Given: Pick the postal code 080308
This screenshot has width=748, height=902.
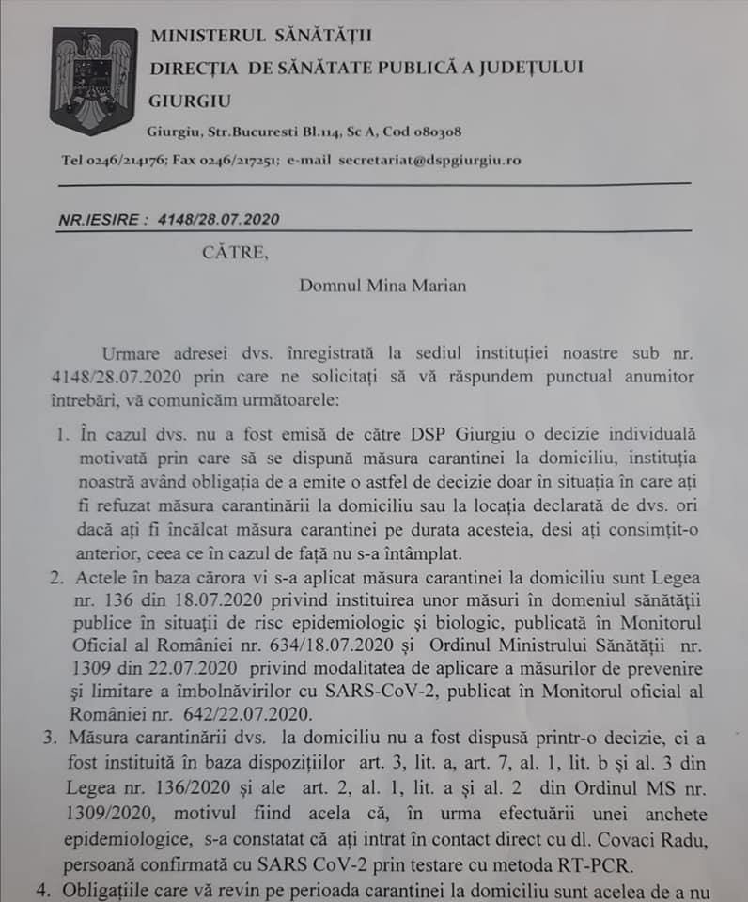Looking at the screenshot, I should point(428,132).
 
